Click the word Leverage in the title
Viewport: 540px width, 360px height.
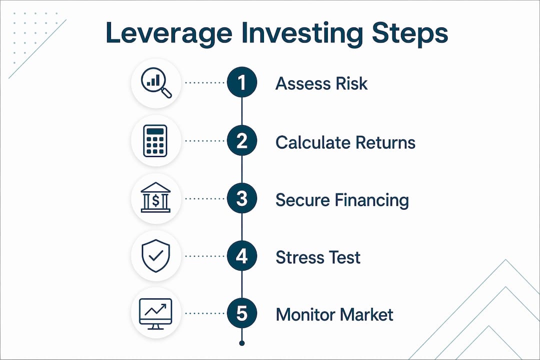click(x=169, y=33)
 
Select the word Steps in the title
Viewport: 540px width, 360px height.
click(x=410, y=33)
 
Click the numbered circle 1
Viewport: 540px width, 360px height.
click(x=242, y=82)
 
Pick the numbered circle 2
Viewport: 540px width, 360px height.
click(x=242, y=140)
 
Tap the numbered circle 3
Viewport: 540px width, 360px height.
click(x=242, y=198)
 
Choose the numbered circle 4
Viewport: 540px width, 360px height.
click(x=242, y=256)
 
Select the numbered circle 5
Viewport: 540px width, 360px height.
click(x=242, y=313)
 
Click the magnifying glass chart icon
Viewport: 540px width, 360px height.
click(x=156, y=82)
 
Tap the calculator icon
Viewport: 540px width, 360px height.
click(x=155, y=141)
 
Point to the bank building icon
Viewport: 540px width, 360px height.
click(x=155, y=197)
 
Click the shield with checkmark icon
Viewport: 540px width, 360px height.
click(x=155, y=255)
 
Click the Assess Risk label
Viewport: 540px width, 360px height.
click(x=321, y=83)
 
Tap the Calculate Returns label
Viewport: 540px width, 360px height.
click(x=345, y=142)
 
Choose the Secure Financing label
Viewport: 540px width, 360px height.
click(x=342, y=200)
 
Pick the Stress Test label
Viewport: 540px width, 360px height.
click(x=318, y=257)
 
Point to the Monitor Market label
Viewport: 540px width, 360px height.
click(x=334, y=314)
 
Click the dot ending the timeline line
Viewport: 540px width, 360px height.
click(x=242, y=343)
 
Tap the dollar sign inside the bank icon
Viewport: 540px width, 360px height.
click(x=155, y=200)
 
